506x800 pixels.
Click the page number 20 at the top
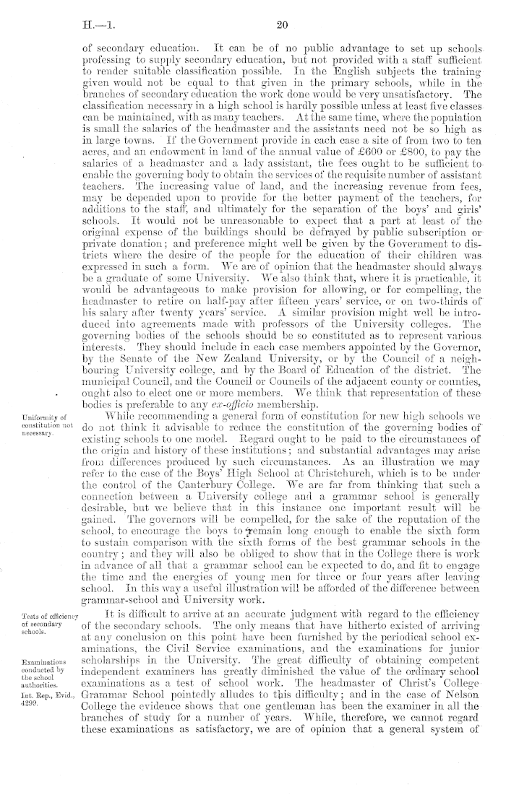click(283, 25)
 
